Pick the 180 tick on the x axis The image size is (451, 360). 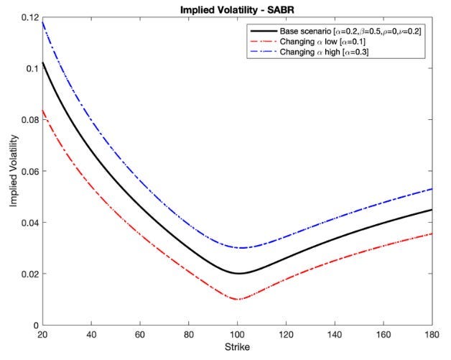click(433, 336)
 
